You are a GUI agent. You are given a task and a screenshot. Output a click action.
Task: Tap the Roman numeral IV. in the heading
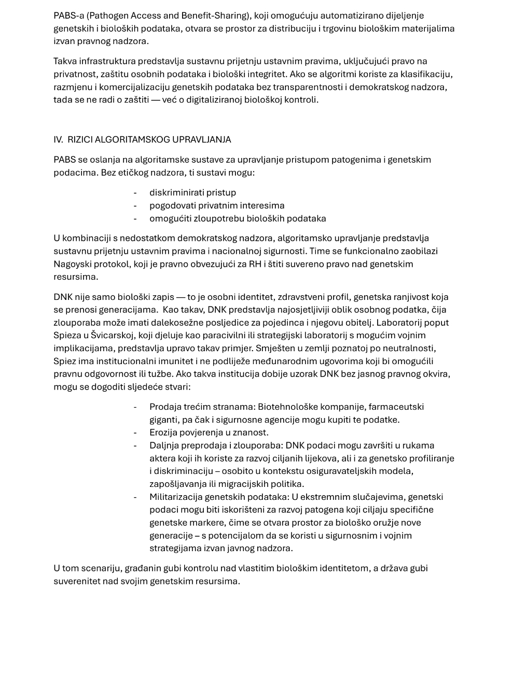point(58,139)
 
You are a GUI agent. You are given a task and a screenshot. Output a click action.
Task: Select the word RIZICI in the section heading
point(79,139)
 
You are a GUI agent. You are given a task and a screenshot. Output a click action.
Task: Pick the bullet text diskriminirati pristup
point(192,193)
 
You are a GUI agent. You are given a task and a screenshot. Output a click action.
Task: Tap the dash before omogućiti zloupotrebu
point(135,219)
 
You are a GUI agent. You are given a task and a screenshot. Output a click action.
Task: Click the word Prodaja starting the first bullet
point(165,407)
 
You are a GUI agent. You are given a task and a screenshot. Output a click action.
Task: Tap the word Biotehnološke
point(286,407)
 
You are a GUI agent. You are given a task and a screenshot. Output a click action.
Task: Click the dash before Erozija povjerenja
point(135,433)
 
